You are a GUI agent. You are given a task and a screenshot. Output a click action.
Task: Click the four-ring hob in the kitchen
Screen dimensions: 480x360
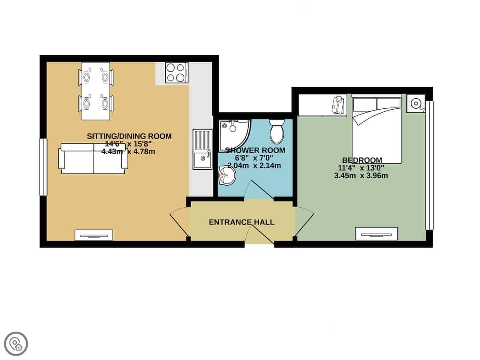coord(177,73)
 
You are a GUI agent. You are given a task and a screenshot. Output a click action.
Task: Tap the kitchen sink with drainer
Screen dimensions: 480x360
coord(202,149)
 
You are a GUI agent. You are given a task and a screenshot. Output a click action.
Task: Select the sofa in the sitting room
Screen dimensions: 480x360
coord(93,158)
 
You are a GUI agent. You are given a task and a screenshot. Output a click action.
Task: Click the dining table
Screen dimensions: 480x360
coord(96,91)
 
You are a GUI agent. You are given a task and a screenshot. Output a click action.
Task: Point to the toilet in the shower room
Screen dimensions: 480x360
coord(277,132)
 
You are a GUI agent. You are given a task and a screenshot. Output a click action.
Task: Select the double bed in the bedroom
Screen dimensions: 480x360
coord(376,129)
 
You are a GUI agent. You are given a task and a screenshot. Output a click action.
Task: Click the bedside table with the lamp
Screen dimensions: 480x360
coord(416,104)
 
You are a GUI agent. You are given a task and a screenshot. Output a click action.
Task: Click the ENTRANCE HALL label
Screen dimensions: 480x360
coord(242,222)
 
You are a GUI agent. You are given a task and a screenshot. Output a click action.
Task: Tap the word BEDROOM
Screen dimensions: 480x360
coord(362,160)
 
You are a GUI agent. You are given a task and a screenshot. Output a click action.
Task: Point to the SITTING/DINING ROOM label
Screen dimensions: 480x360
coord(129,136)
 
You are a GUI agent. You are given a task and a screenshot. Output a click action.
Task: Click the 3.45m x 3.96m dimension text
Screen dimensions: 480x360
coord(361,176)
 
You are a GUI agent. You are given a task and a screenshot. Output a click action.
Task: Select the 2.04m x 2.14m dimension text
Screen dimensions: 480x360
coord(254,166)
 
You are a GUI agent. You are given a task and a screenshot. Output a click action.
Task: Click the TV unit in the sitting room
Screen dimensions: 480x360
coord(94,235)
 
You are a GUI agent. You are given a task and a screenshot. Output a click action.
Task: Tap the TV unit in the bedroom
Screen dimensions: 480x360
coord(376,234)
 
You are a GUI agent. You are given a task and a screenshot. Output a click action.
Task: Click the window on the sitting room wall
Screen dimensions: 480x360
coord(43,167)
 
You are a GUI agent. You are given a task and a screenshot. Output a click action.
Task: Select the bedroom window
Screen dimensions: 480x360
coord(429,165)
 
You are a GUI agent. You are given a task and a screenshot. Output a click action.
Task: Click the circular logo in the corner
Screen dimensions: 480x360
coord(16,344)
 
